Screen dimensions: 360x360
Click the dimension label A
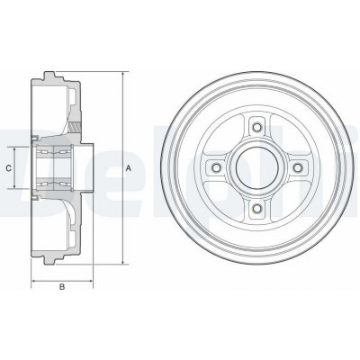pos(129,168)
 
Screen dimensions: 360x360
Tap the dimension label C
pos(9,168)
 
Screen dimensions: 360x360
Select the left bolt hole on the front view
pos(215,167)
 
